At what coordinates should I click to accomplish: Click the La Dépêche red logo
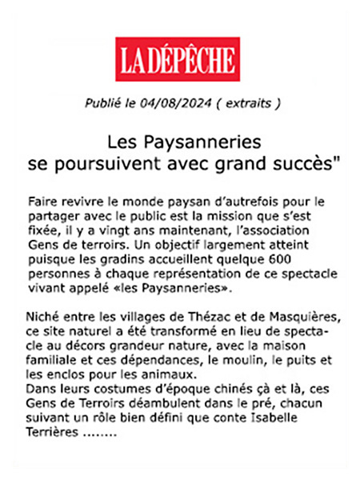coord(178,59)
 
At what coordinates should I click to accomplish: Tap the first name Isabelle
coord(298,417)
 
